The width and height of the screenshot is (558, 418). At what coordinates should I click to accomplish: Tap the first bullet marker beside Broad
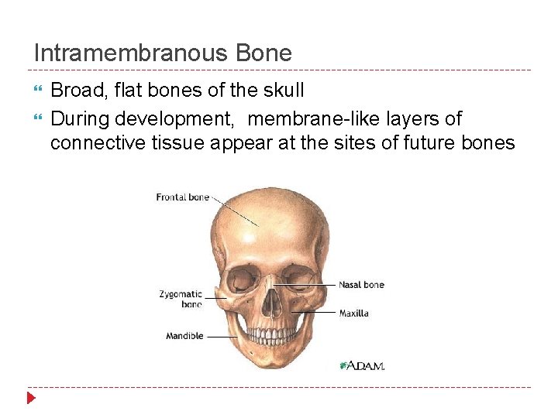(39, 90)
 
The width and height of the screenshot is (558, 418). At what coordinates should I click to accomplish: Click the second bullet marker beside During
(39, 119)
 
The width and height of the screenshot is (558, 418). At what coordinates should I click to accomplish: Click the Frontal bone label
(183, 197)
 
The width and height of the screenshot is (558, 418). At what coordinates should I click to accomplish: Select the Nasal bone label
(361, 285)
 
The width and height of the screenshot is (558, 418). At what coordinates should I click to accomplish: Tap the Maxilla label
(353, 313)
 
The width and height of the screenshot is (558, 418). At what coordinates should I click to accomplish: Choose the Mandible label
(184, 336)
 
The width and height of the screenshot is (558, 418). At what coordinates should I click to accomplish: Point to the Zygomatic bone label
(181, 299)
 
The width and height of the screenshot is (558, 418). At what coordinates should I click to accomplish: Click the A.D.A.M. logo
(362, 365)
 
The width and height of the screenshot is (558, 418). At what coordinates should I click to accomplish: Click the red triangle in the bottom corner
(31, 399)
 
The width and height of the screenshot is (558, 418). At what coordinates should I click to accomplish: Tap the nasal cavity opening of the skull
(270, 302)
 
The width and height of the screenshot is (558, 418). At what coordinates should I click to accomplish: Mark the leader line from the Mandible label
(222, 337)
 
